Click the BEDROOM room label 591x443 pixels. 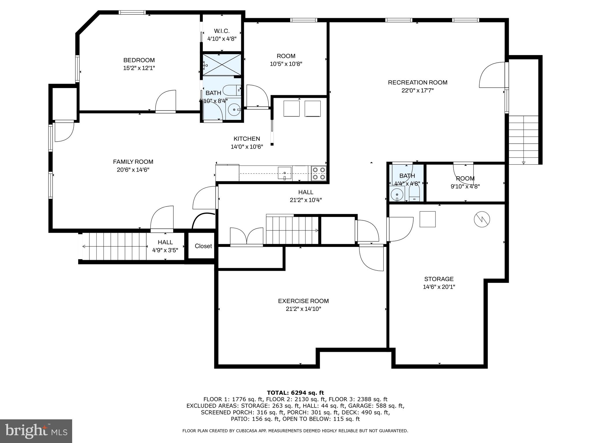tap(139, 60)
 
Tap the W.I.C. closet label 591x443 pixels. tap(222, 31)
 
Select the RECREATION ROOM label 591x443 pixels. tap(417, 82)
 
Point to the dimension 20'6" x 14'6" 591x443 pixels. tap(133, 170)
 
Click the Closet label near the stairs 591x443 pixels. tap(203, 246)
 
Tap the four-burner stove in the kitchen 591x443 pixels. tap(319, 173)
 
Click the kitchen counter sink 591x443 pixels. tap(285, 173)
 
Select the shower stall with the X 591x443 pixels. tap(222, 65)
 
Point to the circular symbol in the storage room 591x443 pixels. tap(482, 219)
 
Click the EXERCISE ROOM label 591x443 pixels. tap(303, 301)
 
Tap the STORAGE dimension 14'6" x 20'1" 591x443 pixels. tap(439, 287)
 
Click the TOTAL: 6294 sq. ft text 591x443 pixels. tap(295, 393)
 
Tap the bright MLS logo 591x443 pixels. tap(36, 431)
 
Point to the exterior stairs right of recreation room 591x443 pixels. tap(523, 140)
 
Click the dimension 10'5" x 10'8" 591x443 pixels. tap(286, 64)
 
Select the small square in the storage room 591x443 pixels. tap(427, 219)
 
